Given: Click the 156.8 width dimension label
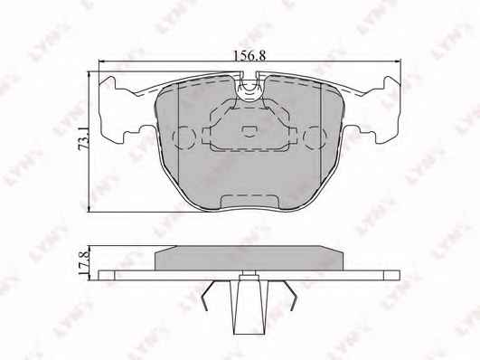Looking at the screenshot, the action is tap(249, 56).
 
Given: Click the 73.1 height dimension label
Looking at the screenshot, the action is tap(83, 139).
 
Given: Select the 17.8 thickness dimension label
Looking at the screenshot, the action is tap(83, 262).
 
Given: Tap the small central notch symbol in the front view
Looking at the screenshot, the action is tap(249, 131).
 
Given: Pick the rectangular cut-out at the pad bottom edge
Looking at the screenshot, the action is tap(249, 203).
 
